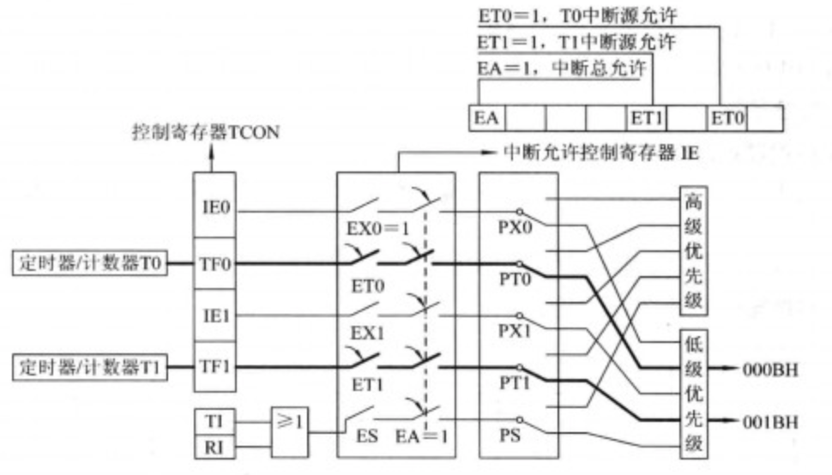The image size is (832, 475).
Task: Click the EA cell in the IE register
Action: coord(488,117)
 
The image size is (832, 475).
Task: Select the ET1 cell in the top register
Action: coord(647,117)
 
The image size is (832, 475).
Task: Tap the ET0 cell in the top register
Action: coord(726,117)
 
